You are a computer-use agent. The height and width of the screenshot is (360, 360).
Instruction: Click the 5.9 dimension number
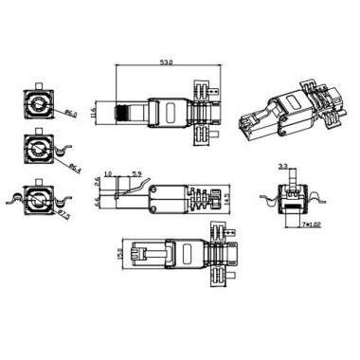tap(136, 173)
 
